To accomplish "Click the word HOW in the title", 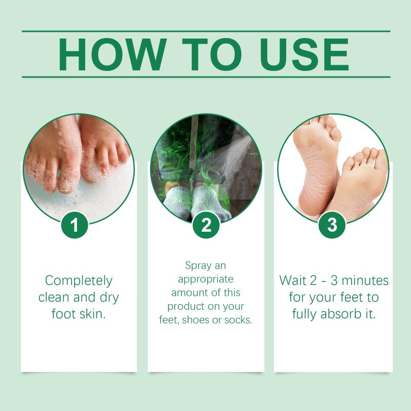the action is click(x=113, y=54).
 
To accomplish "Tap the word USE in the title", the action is click(x=304, y=54).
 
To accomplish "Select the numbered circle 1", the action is click(x=74, y=225).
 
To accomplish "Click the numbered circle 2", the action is click(x=206, y=225).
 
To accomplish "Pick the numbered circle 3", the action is click(x=332, y=225).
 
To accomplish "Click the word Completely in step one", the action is click(x=79, y=281).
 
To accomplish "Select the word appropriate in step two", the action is click(x=206, y=279).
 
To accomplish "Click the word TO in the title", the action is click(x=212, y=54).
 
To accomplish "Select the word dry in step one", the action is click(x=109, y=298).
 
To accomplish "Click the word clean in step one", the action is click(x=54, y=297).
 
